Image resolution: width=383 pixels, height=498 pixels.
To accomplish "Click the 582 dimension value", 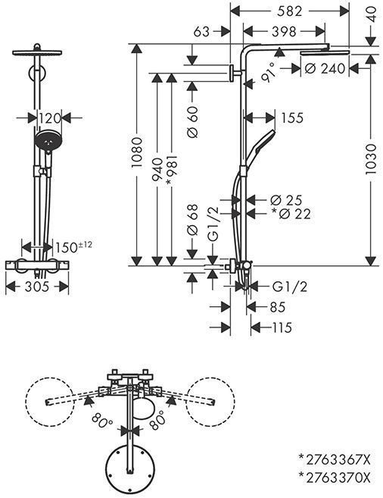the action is pos(289,11).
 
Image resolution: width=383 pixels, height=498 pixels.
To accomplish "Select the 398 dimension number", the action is pos(284,31).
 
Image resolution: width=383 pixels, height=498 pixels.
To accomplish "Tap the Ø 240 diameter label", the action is pos(325,68).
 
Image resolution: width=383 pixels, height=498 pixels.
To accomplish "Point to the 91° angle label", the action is pos(268,72).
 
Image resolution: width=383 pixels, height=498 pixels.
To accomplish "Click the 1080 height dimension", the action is pos(137,153).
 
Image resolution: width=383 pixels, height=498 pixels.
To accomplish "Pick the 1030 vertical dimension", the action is pos(371,159).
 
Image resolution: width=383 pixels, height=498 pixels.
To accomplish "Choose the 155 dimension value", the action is pos(292,117).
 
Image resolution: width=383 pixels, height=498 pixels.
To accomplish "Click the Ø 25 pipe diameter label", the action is pos(286,200).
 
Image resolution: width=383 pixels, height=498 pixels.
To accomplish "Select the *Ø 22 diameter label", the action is pos(291,214).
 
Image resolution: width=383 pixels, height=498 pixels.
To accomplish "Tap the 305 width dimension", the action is pos(37,287).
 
